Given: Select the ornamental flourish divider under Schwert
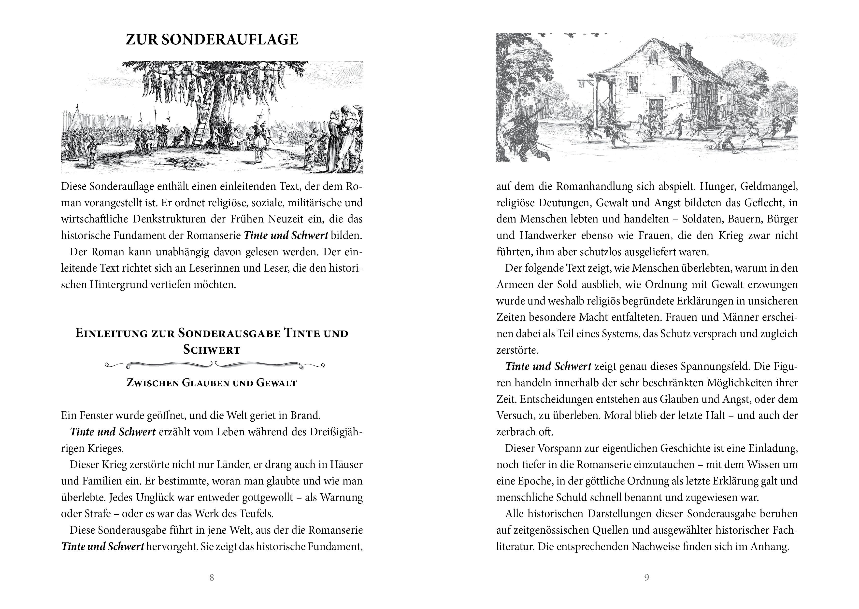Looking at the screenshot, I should point(214,364).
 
